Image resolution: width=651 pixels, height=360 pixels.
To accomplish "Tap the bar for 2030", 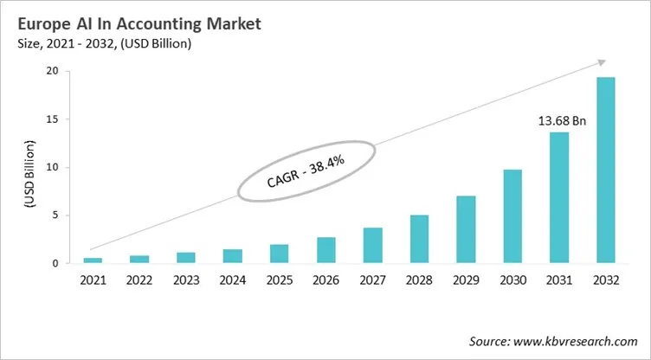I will point(512,216).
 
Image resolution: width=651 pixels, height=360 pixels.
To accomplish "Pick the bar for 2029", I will point(466,229).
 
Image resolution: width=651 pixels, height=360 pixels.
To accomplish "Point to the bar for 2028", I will point(419,239).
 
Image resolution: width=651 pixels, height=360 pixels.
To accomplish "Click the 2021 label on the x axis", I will point(93,281).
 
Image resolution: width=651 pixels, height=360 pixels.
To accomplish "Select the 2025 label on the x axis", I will point(280,281).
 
